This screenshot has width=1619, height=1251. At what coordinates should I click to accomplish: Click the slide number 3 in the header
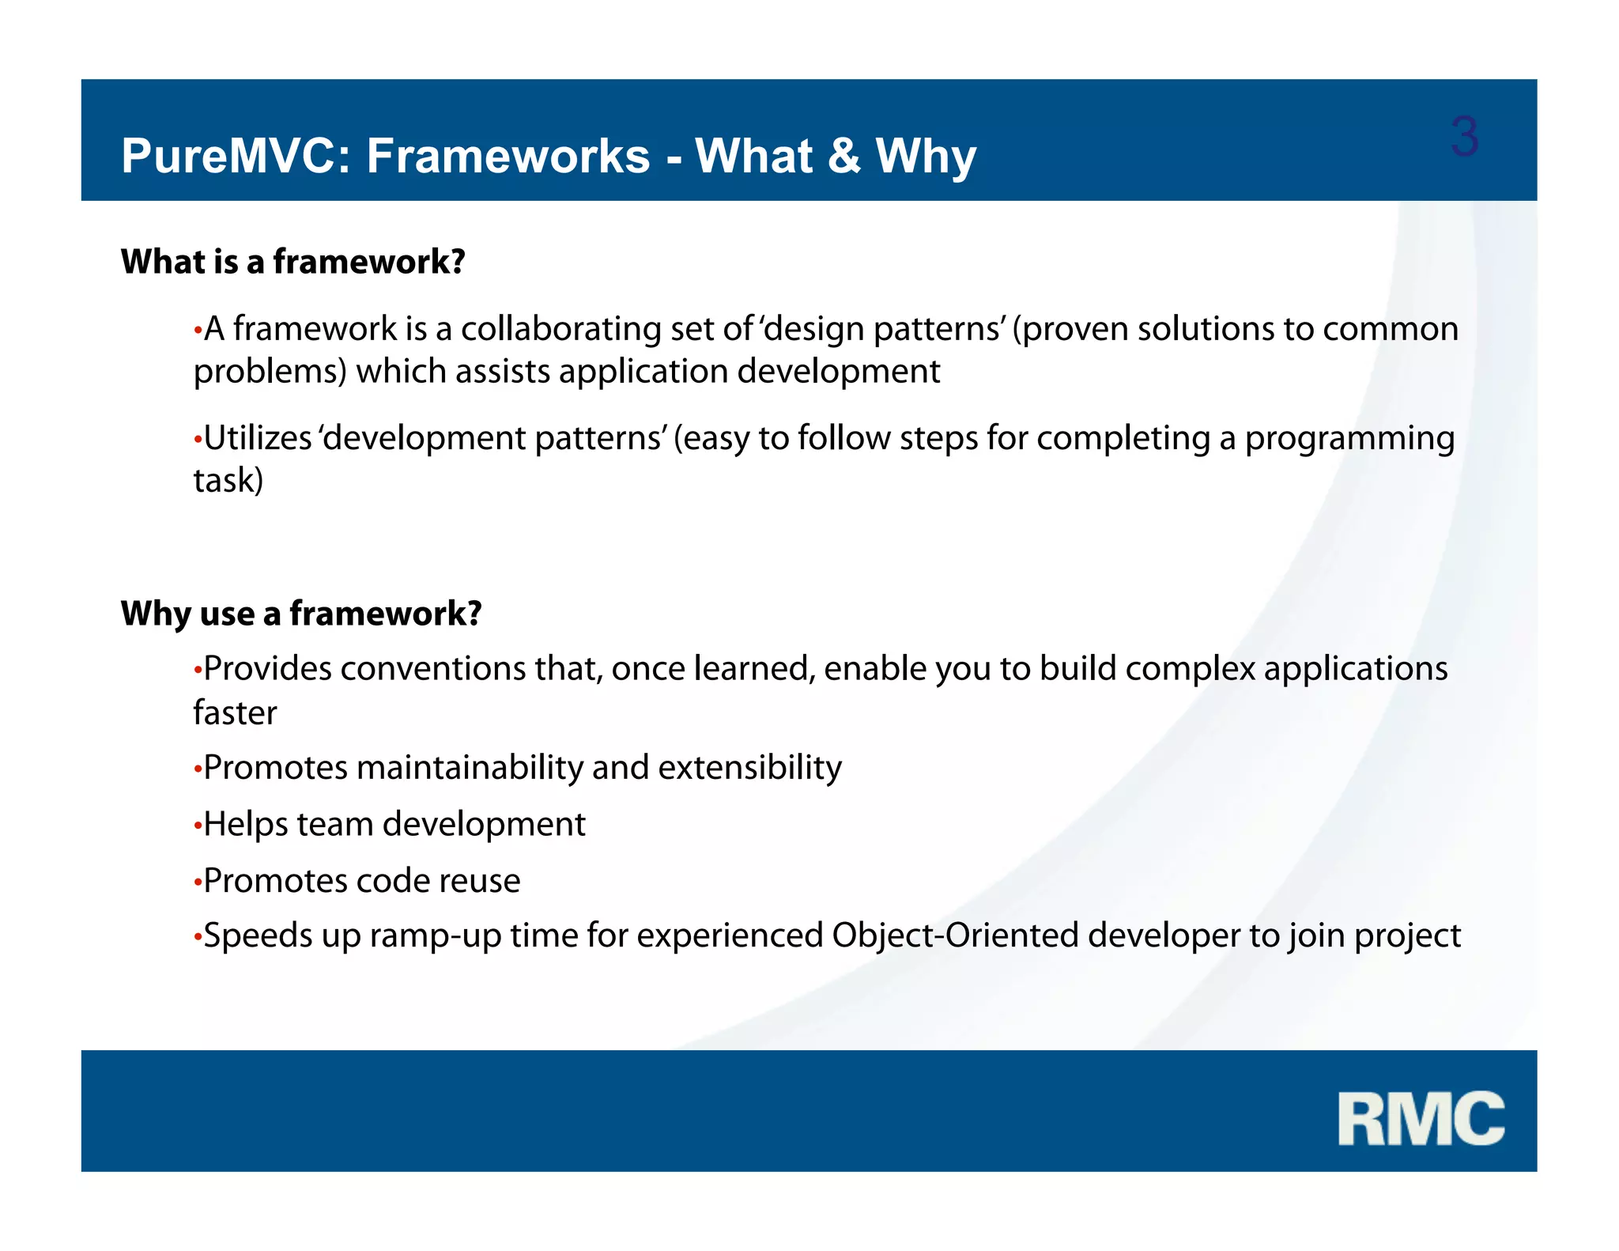coord(1464,137)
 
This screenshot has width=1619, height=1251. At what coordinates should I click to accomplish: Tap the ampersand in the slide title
coord(843,156)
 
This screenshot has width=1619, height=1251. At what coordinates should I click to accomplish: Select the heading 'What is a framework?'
coord(292,262)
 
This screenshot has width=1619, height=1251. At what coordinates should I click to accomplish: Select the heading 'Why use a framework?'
coord(301,614)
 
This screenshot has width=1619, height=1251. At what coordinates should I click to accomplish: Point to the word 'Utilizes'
coord(258,438)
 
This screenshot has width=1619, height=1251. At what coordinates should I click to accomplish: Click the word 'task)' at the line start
coord(228,481)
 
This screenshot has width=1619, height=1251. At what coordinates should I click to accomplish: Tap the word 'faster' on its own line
coord(235,713)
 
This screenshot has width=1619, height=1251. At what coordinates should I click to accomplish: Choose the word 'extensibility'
coord(749,768)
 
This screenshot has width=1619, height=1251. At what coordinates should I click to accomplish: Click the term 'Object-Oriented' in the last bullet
coord(955,936)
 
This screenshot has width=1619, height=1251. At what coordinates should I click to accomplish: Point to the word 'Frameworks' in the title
coord(508,156)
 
